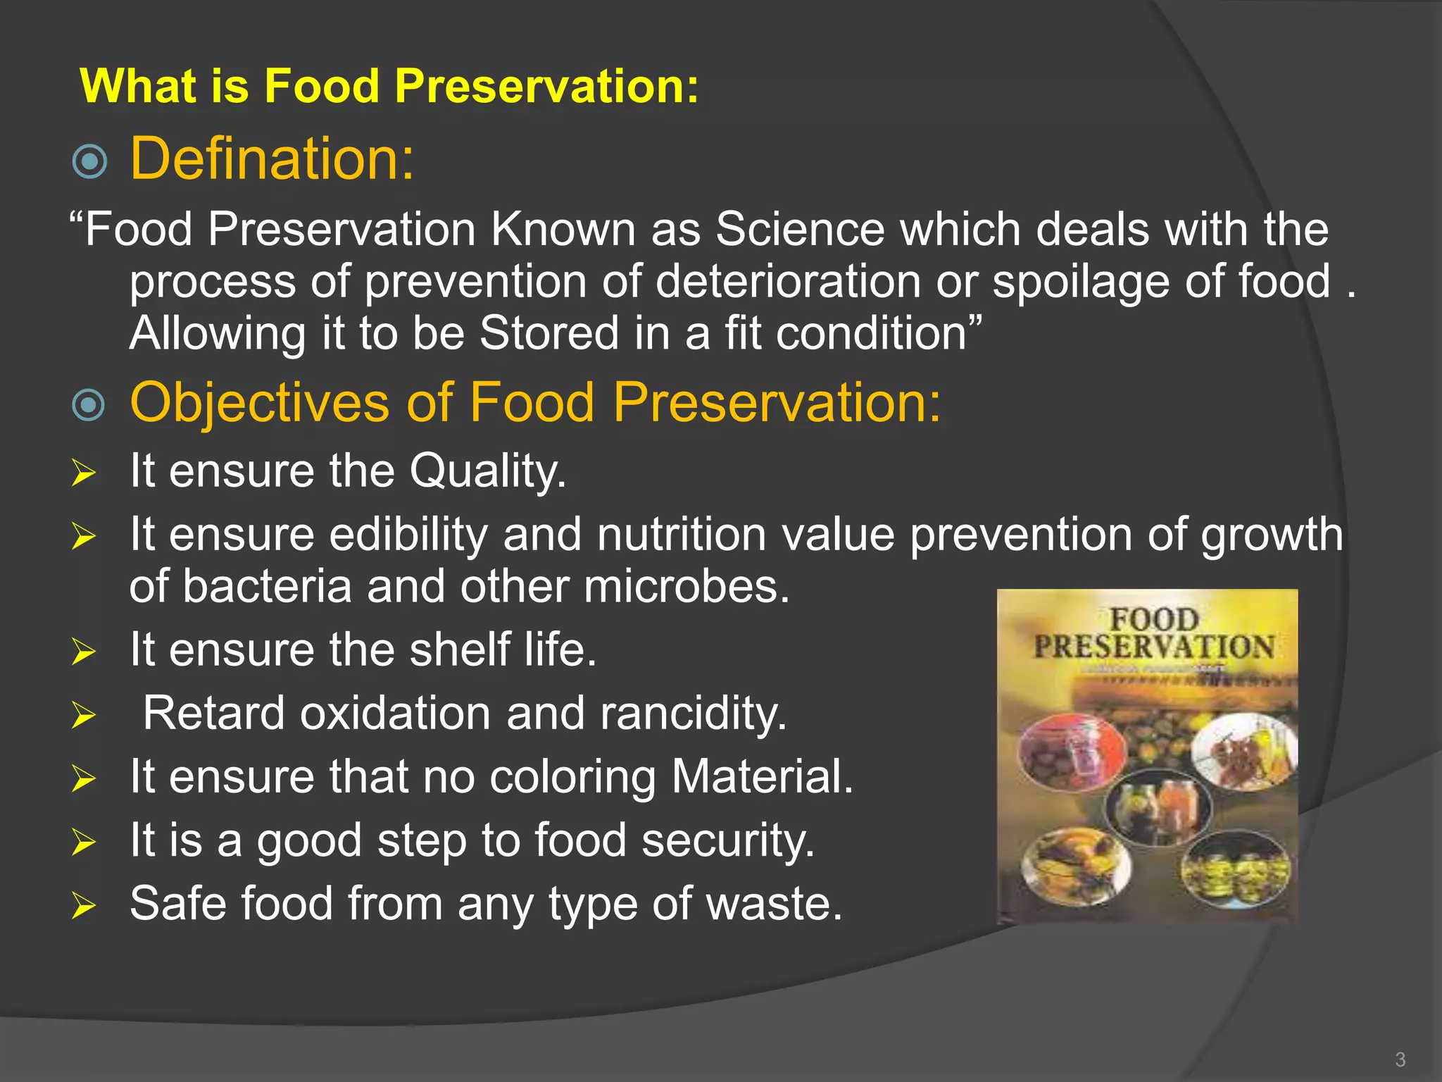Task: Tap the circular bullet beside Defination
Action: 90,161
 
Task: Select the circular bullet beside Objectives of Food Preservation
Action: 89,405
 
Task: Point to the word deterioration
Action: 788,282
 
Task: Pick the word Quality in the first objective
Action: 487,471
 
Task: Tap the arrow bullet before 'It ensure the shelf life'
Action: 83,652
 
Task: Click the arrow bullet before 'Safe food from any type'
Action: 83,905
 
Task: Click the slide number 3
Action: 1400,1059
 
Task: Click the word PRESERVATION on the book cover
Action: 1153,647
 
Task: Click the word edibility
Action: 408,535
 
